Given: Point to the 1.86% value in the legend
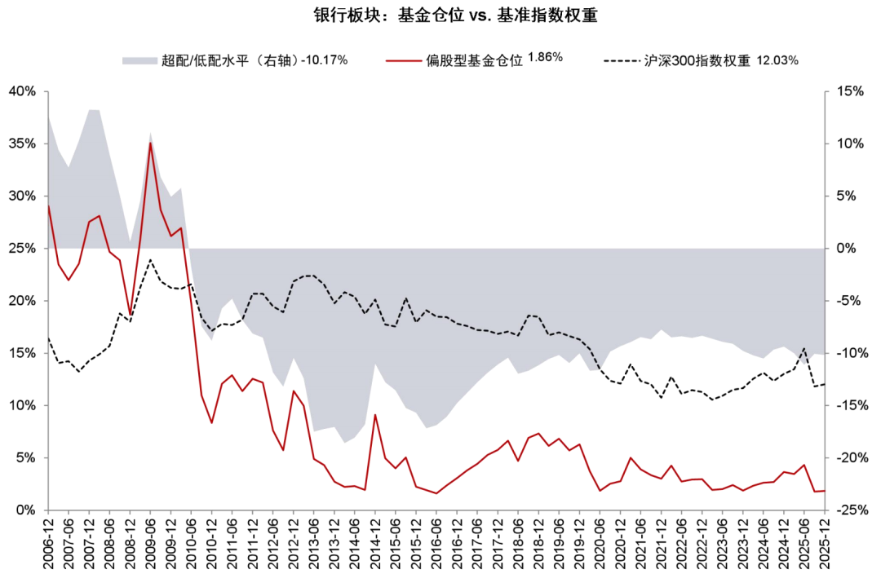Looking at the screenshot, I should [x=545, y=57].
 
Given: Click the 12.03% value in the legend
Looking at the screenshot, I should [x=777, y=60].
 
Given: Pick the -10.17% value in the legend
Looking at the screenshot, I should [x=325, y=60].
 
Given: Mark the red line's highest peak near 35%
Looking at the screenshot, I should [x=150, y=143].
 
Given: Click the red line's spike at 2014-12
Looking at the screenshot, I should [x=375, y=415].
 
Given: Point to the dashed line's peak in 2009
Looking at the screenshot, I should [x=150, y=260].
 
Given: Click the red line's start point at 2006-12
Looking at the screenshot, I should [x=48, y=206].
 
